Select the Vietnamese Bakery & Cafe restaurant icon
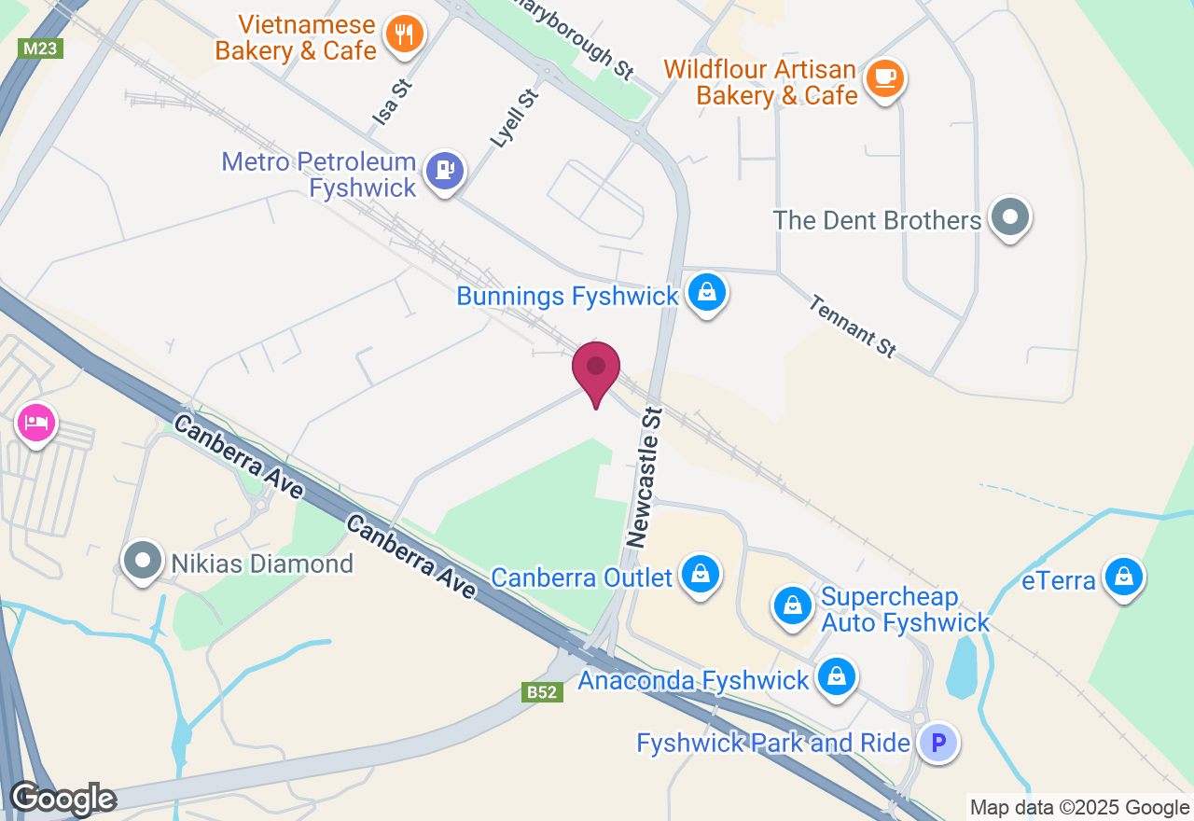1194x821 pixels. coord(404,35)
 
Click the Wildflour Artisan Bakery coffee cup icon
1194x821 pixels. coord(883,77)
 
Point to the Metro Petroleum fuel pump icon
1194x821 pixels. coord(444,171)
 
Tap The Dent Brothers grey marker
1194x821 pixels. coord(1008,217)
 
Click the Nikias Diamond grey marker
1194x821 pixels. coord(144,562)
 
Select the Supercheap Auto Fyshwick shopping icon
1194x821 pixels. coord(793,606)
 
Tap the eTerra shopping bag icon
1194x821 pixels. coord(1124,578)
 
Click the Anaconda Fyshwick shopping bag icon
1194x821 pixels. coord(837,677)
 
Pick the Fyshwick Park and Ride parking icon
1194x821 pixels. coord(938,744)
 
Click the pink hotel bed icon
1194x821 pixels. coord(36,424)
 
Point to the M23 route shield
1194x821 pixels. coord(39,49)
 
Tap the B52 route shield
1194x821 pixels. coord(542,692)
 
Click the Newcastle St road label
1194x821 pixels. coord(644,476)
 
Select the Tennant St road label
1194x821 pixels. coord(853,326)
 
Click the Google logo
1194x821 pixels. coord(62,800)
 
